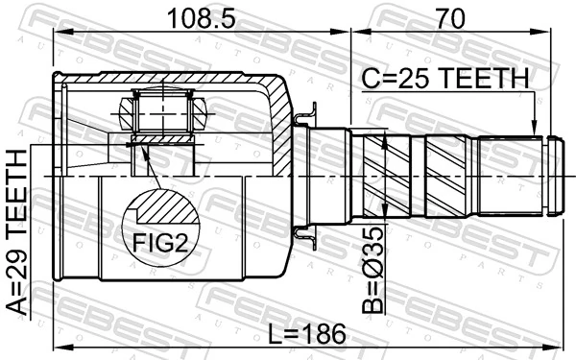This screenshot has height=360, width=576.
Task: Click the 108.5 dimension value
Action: point(198,18)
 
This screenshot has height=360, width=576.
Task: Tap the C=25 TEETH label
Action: point(444,78)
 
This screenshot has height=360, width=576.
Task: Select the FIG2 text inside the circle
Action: point(159,243)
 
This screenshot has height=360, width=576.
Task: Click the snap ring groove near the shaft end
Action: point(546,178)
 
